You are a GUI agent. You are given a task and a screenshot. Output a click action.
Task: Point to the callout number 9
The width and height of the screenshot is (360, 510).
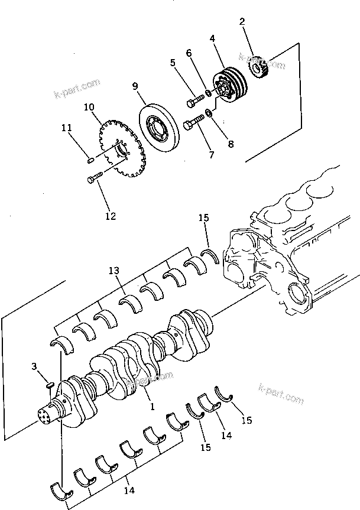tap(135, 86)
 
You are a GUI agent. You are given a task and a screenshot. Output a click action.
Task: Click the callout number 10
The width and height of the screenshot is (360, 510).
tap(89, 107)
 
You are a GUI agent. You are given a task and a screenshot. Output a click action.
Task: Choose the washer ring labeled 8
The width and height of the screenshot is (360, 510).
tap(210, 112)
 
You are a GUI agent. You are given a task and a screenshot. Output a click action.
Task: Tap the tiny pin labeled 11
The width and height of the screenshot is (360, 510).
tap(89, 158)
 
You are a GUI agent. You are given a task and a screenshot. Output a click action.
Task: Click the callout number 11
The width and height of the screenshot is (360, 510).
tap(67, 127)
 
